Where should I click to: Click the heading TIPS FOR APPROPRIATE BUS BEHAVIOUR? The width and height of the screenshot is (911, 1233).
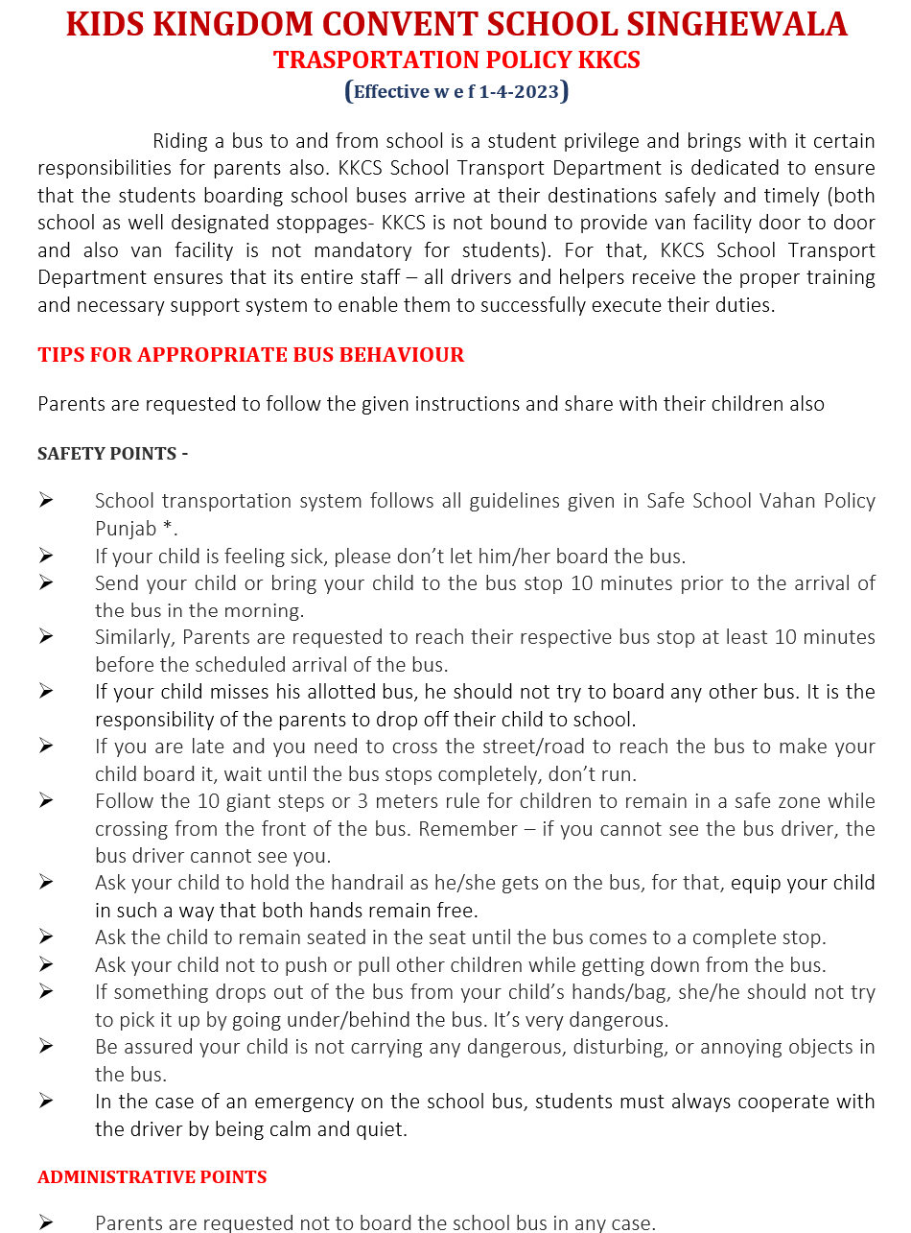pyautogui.click(x=250, y=355)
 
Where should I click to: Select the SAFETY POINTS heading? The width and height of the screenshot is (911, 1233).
pyautogui.click(x=112, y=453)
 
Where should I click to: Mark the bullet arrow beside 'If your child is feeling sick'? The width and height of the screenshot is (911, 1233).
pyautogui.click(x=46, y=556)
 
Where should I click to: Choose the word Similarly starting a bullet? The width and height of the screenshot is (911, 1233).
pyautogui.click(x=135, y=637)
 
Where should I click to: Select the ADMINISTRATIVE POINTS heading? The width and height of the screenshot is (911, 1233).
pyautogui.click(x=152, y=1176)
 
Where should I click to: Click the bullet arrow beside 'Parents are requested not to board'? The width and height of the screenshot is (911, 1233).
pyautogui.click(x=46, y=1222)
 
